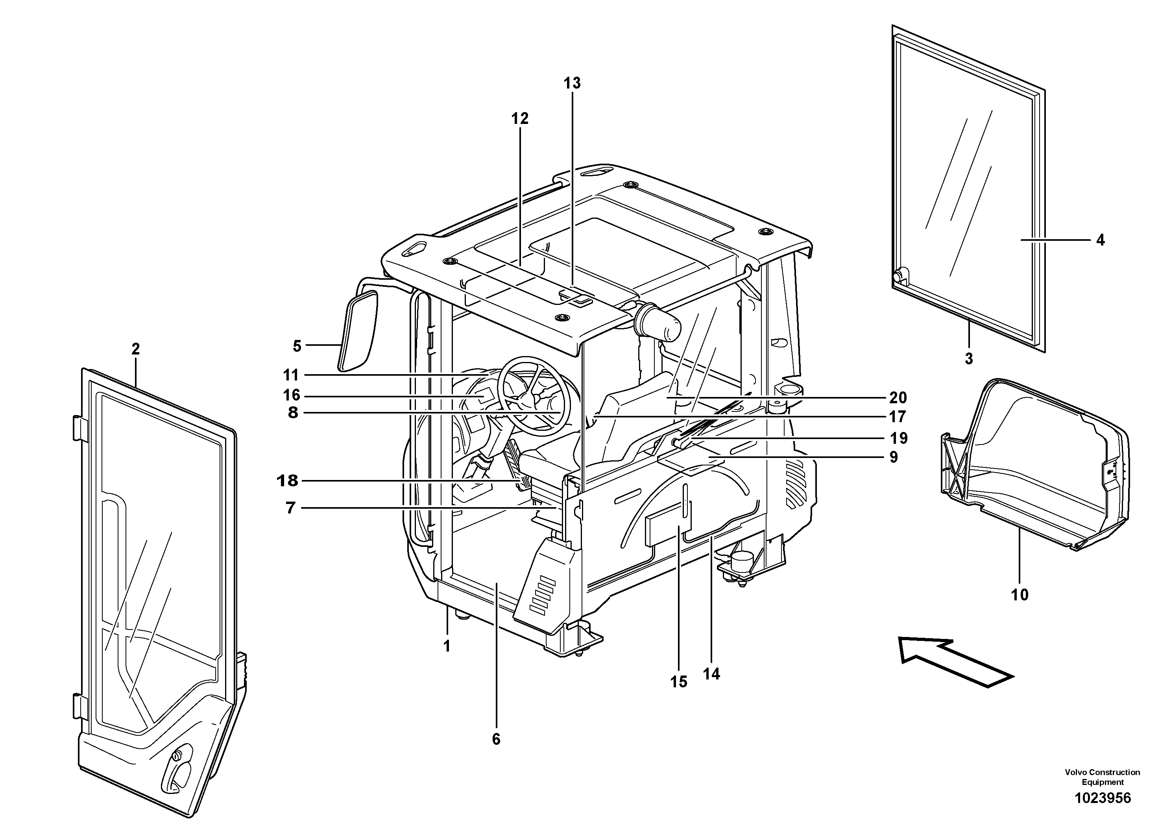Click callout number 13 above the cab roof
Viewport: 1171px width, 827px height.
pyautogui.click(x=572, y=83)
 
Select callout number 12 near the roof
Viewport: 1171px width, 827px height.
pyautogui.click(x=520, y=119)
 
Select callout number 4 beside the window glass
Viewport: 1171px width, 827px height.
pyautogui.click(x=1100, y=240)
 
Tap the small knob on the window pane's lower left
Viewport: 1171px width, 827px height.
pyautogui.click(x=899, y=275)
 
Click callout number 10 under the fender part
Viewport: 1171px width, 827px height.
pyautogui.click(x=1020, y=594)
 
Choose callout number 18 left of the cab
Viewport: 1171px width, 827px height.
pyautogui.click(x=287, y=480)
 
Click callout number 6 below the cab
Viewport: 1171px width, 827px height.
pyautogui.click(x=496, y=739)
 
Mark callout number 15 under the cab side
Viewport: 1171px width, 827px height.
pyautogui.click(x=679, y=682)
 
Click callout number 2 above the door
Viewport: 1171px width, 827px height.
pyautogui.click(x=135, y=349)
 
